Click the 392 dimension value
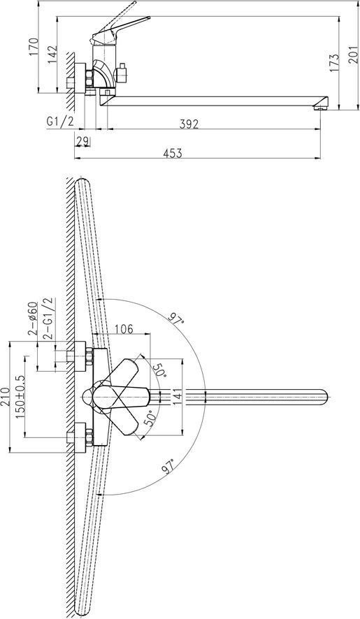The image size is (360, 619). tap(189, 124)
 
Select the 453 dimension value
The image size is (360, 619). tap(173, 153)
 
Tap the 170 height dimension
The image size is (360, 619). tap(34, 46)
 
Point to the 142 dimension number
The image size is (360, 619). tap(53, 54)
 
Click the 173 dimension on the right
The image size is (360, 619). tap(333, 62)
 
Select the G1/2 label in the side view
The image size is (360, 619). tap(60, 122)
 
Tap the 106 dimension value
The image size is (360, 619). tap(123, 328)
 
